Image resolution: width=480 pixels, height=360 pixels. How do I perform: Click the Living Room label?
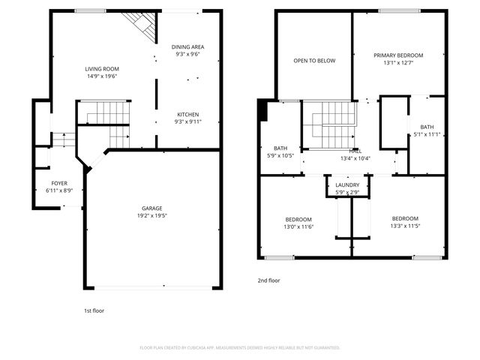tap(102, 68)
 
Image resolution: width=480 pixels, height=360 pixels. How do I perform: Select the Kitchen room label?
tap(188, 114)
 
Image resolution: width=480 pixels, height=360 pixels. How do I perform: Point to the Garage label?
tap(152, 208)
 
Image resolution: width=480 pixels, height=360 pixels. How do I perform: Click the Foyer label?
tap(58, 183)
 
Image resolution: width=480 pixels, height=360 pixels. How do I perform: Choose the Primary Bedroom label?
tap(398, 55)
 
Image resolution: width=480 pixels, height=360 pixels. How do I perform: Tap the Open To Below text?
tap(314, 61)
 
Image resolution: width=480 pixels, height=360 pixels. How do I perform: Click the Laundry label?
tap(347, 185)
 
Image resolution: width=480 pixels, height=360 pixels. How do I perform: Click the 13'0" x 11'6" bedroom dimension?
tap(298, 226)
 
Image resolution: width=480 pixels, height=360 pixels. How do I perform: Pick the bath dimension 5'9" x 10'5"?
tap(281, 156)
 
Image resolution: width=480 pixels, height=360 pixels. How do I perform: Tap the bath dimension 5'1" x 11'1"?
tap(427, 135)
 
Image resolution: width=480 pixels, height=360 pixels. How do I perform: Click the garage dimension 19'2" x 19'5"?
tap(152, 216)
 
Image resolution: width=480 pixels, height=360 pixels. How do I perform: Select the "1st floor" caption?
tap(94, 310)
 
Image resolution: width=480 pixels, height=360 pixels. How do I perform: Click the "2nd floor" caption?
tap(268, 280)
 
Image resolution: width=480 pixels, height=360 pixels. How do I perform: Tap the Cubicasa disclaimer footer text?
tap(240, 347)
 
